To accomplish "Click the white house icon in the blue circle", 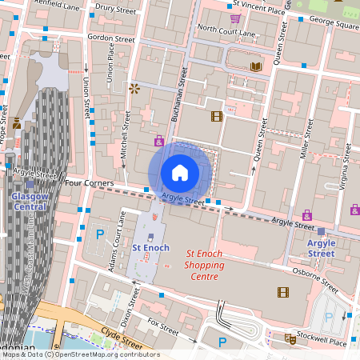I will (x=179, y=172).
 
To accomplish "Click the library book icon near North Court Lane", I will (x=256, y=67).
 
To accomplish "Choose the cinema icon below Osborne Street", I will (x=282, y=293).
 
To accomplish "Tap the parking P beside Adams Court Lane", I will (x=101, y=234).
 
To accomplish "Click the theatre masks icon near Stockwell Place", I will (x=290, y=339).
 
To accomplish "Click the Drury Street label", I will (x=114, y=9).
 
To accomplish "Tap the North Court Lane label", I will (x=226, y=29).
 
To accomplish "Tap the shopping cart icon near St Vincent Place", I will (x=235, y=18).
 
